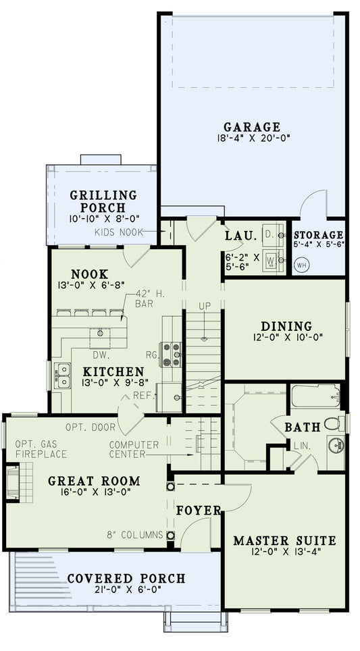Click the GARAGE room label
tap(251, 127)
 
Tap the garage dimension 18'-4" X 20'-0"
tap(251, 139)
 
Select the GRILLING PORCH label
tap(103, 201)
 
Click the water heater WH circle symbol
tap(302, 265)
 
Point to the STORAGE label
tap(318, 235)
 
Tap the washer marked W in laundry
tap(272, 259)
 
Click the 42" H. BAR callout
tap(145, 298)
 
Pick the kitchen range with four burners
tap(173, 354)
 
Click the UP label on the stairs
tap(205, 306)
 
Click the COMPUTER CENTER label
tap(134, 450)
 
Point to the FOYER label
tap(199, 511)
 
